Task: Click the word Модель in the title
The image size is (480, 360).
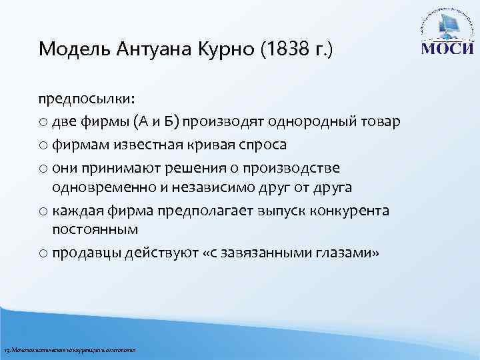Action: pos(67,49)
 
